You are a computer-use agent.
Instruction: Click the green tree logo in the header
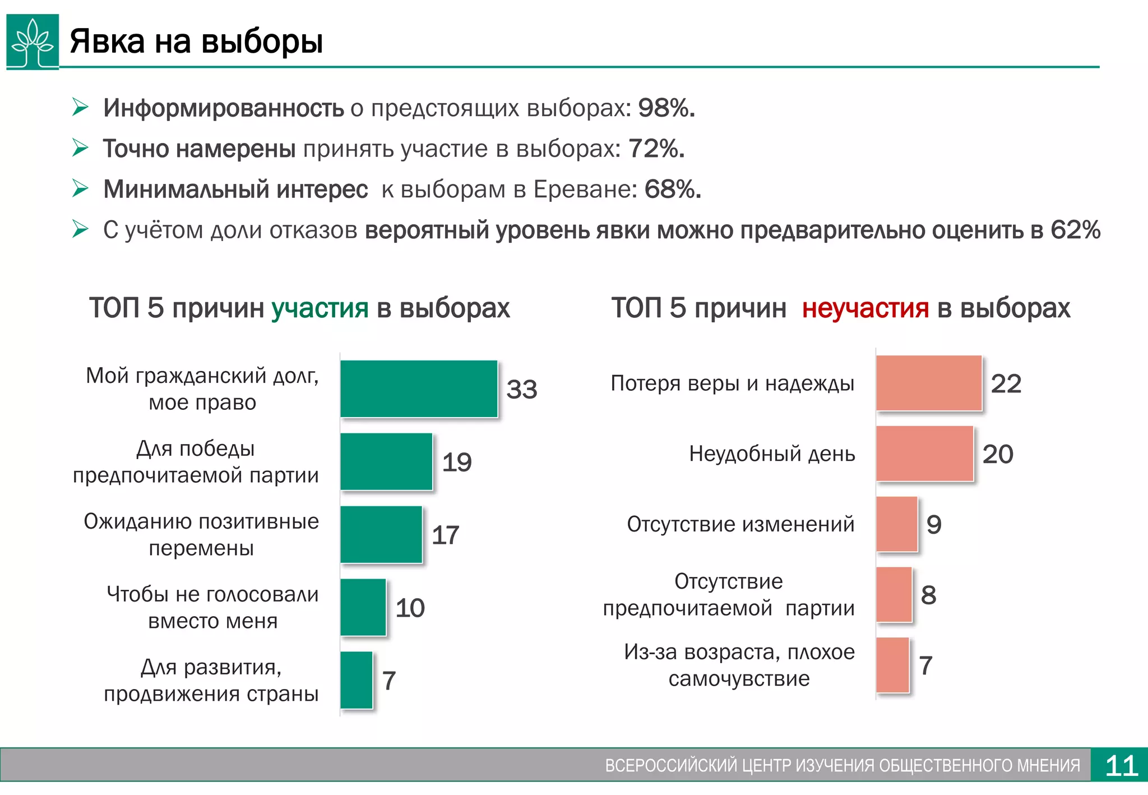(x=33, y=42)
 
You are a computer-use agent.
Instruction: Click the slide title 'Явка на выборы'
(x=196, y=41)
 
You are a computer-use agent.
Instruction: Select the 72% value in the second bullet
(x=656, y=149)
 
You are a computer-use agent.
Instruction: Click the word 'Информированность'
(x=223, y=108)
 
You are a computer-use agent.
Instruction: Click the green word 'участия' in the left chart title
(x=320, y=308)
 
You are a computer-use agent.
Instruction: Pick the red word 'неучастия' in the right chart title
(x=865, y=308)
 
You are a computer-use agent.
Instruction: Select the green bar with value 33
(x=419, y=389)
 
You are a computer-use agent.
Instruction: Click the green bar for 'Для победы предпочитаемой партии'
(x=386, y=461)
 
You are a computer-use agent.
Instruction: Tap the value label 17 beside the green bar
(x=446, y=535)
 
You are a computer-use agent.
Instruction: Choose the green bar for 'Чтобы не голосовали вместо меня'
(x=363, y=607)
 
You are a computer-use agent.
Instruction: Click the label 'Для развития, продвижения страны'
(x=211, y=680)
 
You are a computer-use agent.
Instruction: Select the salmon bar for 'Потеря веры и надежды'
(x=929, y=383)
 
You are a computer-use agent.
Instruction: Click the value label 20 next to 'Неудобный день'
(x=998, y=454)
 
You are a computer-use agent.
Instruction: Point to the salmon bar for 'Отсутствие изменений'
(x=897, y=524)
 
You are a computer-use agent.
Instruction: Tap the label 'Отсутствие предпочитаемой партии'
(x=728, y=594)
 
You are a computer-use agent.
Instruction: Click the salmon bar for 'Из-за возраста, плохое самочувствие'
(x=892, y=665)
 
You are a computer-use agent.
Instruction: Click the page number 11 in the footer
(x=1121, y=765)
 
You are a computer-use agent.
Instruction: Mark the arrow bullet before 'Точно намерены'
(x=80, y=148)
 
